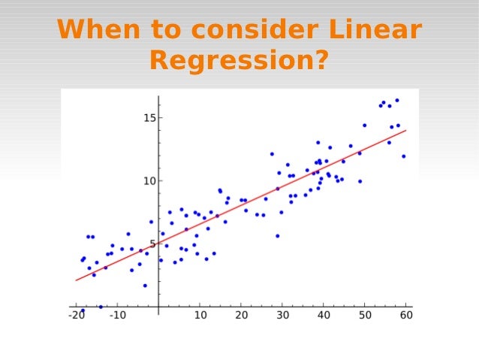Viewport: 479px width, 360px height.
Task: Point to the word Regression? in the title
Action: tap(239, 60)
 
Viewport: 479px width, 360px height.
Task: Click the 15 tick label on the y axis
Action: tap(149, 118)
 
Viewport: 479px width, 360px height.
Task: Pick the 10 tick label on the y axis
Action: tap(149, 181)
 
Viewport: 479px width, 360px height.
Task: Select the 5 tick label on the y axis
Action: tap(152, 244)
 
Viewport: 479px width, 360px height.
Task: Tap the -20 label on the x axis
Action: tap(76, 315)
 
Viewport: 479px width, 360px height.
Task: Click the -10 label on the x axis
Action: tap(117, 315)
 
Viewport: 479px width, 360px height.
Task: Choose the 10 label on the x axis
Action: tap(200, 315)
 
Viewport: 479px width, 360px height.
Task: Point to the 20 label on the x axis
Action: tap(241, 315)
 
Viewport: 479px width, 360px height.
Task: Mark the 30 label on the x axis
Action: tap(282, 315)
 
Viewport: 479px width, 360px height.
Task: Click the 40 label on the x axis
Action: tap(324, 315)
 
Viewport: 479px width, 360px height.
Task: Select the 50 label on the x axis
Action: tap(364, 315)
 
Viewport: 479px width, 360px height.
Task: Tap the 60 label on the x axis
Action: tap(405, 315)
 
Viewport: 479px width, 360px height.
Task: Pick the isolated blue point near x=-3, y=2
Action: tap(145, 286)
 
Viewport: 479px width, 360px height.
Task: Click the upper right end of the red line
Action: tap(405, 131)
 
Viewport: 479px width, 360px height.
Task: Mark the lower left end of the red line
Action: tap(76, 280)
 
